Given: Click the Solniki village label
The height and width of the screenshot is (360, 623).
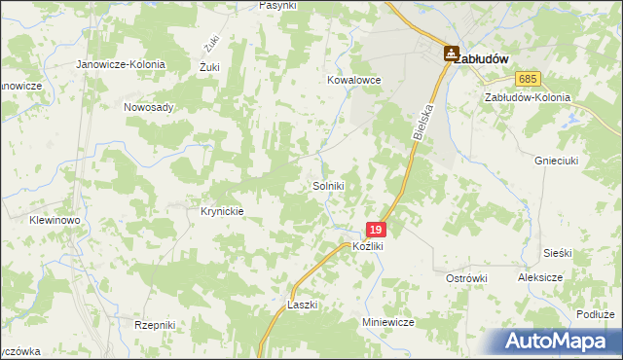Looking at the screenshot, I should (329, 186).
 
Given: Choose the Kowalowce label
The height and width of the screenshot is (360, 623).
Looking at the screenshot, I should (353, 81).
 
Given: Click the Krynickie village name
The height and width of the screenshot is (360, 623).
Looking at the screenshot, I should (221, 210).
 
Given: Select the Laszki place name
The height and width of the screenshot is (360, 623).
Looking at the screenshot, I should (304, 305).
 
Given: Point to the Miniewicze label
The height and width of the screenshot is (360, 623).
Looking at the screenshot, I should (388, 321).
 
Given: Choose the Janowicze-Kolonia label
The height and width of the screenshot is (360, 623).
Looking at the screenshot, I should (123, 64).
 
